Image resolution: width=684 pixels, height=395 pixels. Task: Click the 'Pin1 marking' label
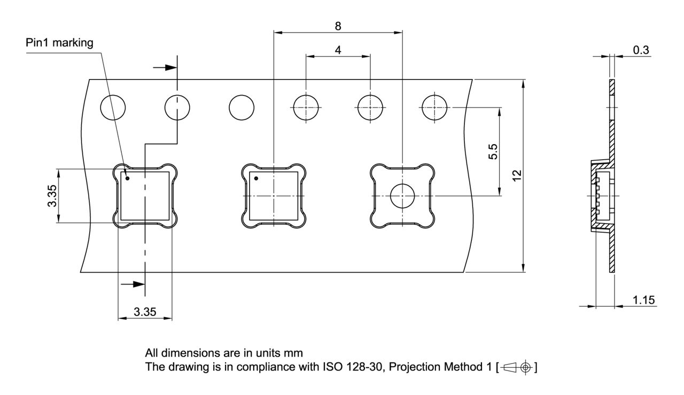coord(59,43)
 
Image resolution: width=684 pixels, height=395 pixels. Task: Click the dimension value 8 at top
coord(338,26)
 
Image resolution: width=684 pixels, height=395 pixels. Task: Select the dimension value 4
coord(338,50)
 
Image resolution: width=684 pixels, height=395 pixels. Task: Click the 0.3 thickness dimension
coord(640,50)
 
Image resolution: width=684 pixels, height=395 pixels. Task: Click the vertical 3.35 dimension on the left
coord(51,196)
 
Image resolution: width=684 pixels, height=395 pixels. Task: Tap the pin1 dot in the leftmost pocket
coord(127,178)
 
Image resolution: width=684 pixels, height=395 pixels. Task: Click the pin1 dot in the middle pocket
coord(256,178)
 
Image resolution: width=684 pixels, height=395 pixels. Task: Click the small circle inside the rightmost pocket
coord(402,196)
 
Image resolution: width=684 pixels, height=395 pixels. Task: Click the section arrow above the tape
coord(165,67)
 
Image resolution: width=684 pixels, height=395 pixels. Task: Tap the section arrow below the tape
coord(134,285)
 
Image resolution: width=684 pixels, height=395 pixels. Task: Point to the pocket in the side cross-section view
coord(601,196)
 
